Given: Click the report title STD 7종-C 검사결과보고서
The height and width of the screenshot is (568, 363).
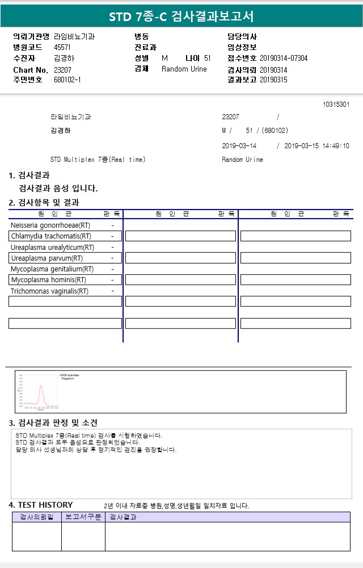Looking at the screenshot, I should point(181,16).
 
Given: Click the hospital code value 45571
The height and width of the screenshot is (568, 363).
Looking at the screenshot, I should point(62,48).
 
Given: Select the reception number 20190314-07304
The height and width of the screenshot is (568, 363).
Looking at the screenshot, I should point(284,59).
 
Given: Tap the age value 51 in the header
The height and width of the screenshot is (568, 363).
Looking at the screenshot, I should point(207,59).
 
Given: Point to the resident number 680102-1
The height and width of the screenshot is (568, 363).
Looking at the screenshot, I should point(67,80).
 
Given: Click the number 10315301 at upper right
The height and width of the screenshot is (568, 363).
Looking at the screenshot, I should point(336,105).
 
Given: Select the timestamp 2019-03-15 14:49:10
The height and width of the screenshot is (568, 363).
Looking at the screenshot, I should point(316,146).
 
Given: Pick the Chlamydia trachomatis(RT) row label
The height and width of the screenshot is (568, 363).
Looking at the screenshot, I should point(51,236).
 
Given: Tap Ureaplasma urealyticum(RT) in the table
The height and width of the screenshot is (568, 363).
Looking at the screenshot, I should point(53,248).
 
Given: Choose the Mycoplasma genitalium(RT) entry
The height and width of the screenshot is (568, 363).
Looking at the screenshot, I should point(52,269).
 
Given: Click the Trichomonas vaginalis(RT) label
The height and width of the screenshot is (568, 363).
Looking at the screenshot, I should point(50,291).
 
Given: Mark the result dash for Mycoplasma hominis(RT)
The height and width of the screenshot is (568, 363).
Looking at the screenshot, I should point(112,280).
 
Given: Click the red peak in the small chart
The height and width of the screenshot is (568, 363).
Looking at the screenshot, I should point(41,387).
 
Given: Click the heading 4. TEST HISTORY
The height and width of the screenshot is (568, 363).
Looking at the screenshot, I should point(41,505).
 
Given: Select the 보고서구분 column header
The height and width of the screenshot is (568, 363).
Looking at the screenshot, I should point(83,517).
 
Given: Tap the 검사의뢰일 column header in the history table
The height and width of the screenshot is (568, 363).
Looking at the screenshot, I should point(37,517).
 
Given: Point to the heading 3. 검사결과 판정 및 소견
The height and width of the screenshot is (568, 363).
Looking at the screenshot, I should point(53,423).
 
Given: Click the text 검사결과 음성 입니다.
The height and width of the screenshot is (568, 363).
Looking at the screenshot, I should point(58,189).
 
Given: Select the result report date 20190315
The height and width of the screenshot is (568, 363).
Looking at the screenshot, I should point(273,80).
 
